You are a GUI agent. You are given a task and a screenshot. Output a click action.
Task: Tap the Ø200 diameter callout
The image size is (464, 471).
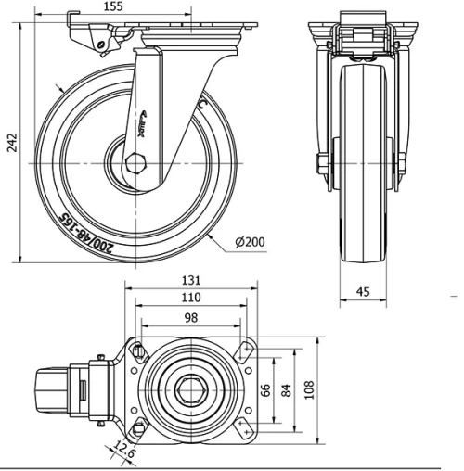pos(250,242)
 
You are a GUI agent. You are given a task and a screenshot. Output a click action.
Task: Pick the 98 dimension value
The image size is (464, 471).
pos(190,319)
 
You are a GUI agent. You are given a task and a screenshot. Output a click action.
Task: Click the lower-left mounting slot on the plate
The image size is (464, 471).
pos(139,428)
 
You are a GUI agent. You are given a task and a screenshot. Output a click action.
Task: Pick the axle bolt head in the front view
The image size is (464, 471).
pos(320,168)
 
